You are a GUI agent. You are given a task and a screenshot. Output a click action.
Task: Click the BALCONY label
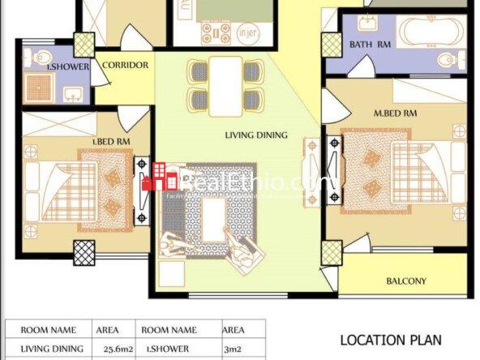click(406, 281)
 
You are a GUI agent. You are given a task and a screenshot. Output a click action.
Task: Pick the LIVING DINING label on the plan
click(256, 135)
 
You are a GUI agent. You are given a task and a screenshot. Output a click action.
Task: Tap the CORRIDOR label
click(126, 65)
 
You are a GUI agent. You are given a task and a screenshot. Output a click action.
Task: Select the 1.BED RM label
click(112, 141)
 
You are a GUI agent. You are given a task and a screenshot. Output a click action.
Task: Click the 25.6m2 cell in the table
click(118, 349)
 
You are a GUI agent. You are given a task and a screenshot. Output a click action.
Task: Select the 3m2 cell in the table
click(234, 349)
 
